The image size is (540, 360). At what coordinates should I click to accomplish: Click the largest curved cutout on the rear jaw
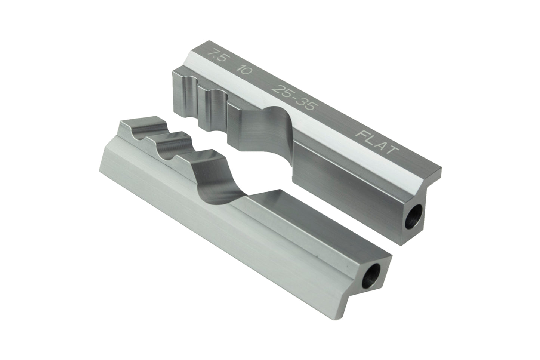(x=262, y=127)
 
